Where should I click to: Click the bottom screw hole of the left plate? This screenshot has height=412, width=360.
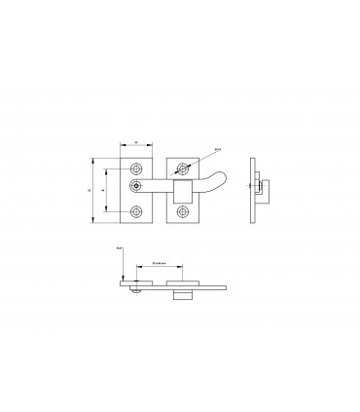pos(136,211)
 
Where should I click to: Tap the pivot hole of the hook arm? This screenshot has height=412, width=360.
pos(136,185)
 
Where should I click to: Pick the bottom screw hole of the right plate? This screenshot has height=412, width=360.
pos(182,211)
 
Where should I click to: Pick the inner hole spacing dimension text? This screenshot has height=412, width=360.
pos(104,189)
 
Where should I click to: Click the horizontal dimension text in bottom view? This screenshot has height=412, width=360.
pos(160,263)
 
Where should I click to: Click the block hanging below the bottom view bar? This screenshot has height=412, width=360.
pos(182,293)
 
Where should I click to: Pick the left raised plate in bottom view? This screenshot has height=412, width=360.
pos(137,282)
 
